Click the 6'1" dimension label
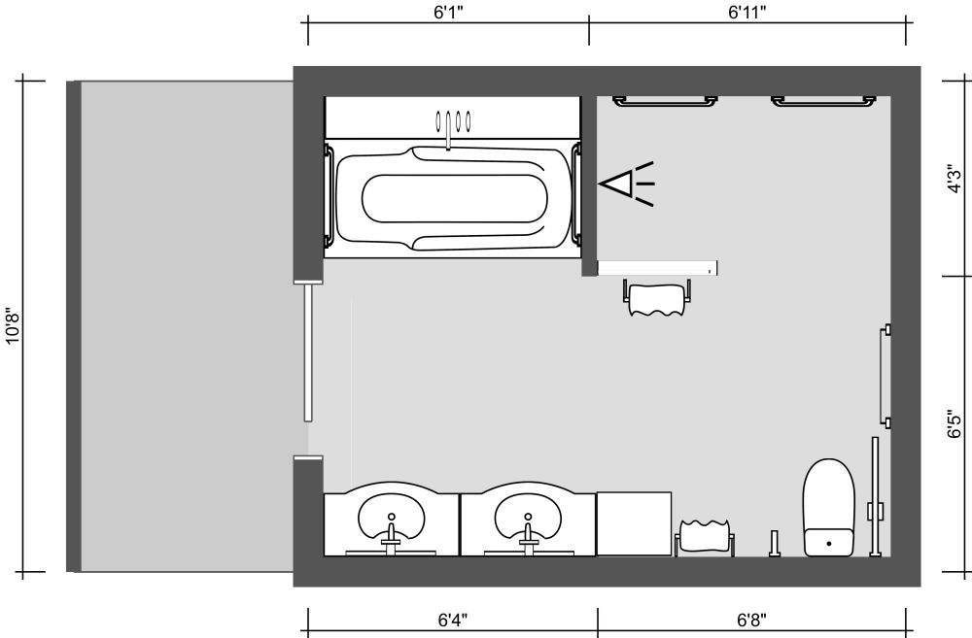[x=448, y=13]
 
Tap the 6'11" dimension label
[x=747, y=13]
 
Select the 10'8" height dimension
[x=12, y=326]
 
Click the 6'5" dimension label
[x=956, y=424]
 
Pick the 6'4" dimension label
[x=453, y=620]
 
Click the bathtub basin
[x=452, y=199]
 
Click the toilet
[x=828, y=507]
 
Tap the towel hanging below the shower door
[x=657, y=299]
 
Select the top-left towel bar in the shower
[x=665, y=99]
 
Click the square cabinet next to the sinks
[x=634, y=523]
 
